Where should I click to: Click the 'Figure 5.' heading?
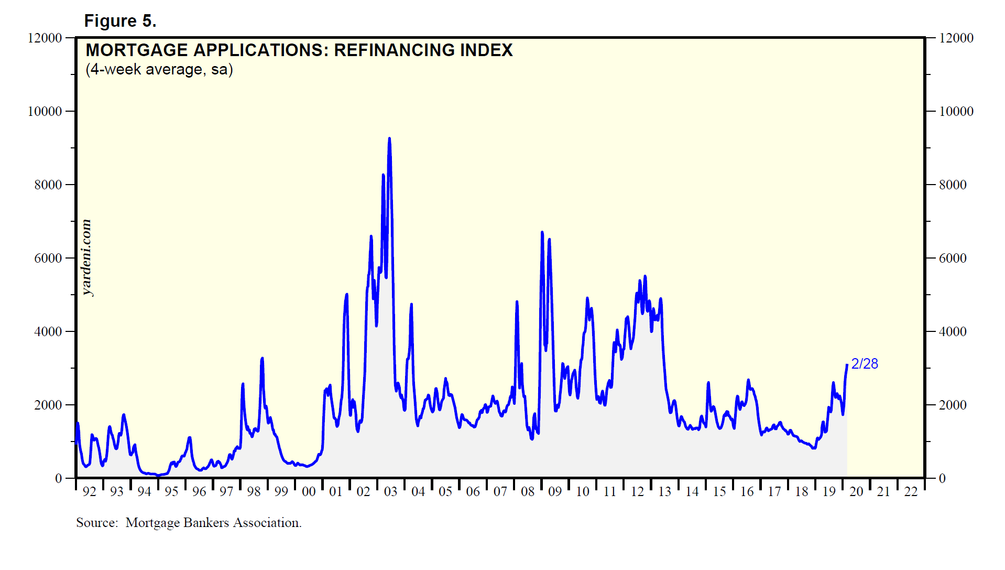coord(120,21)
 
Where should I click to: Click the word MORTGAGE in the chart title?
coord(136,50)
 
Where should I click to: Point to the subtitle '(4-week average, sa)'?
coord(159,69)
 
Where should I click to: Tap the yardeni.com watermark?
coord(86,257)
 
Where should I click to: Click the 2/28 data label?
coord(864,364)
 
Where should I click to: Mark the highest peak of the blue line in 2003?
coord(389,138)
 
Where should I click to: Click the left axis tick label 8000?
coord(48,185)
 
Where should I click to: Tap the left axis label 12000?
coord(45,38)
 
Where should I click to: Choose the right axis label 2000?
coord(953,405)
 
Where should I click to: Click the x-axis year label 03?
coord(390,492)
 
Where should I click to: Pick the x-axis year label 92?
coord(90,492)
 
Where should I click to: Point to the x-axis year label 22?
coord(911,492)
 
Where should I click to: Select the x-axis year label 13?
coord(664,492)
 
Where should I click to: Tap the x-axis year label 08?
coord(528,492)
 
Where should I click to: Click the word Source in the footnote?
coord(96,523)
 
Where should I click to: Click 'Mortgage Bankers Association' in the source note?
coord(212,523)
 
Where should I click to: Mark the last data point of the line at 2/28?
coord(847,365)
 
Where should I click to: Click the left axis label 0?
coord(58,478)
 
